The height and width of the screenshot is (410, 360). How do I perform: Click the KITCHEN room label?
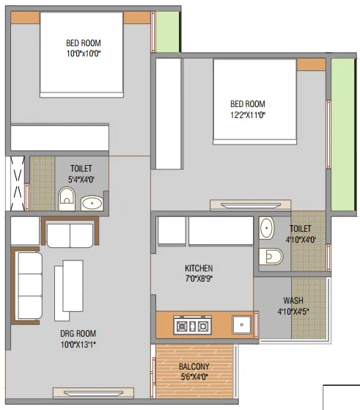point(199,268)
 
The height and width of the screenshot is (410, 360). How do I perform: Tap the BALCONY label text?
point(194,366)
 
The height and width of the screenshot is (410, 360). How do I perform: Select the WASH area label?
point(293,301)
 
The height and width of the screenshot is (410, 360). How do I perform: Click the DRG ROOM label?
point(78,334)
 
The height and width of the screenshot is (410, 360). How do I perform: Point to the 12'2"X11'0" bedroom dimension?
point(248,115)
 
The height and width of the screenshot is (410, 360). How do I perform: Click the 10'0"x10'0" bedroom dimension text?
point(84,54)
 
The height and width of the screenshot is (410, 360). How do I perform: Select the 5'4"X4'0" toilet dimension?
point(81,180)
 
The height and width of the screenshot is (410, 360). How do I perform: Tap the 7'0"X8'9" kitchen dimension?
point(199,279)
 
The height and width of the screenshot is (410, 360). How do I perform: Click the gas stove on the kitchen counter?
point(192,325)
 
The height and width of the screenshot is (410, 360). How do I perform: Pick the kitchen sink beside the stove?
point(242,325)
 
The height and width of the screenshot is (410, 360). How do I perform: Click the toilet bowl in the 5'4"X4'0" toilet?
point(67,199)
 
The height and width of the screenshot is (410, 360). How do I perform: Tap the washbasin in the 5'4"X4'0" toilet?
point(92,203)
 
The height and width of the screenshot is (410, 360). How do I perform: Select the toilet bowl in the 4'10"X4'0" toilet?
point(271,257)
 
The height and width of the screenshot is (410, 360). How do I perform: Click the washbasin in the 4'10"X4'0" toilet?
point(266,228)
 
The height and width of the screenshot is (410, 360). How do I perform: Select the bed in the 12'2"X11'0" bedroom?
point(255,102)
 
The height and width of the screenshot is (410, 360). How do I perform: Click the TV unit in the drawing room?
point(93,393)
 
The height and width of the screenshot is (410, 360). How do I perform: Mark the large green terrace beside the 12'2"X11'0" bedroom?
point(342,134)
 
